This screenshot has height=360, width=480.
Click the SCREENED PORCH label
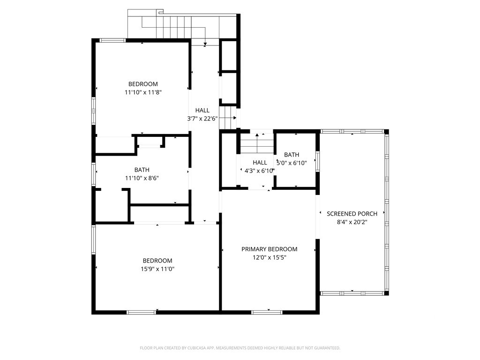click(352, 214)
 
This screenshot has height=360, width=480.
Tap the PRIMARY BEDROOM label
click(269, 249)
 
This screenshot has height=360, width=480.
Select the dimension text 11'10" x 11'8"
click(143, 93)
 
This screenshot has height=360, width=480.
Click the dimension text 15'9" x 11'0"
click(157, 269)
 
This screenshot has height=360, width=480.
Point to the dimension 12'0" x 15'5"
click(269, 257)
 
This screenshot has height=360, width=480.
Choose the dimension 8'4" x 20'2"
click(352, 222)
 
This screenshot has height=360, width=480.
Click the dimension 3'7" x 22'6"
click(202, 119)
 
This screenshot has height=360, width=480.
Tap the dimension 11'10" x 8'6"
click(142, 178)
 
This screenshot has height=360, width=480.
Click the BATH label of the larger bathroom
click(142, 170)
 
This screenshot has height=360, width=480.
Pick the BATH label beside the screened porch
click(292, 155)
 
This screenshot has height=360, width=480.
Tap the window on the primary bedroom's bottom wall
click(267, 312)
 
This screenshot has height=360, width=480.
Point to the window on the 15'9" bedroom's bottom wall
click(141, 312)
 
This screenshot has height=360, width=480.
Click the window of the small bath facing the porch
click(317, 161)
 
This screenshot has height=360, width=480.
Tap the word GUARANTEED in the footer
click(325, 348)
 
